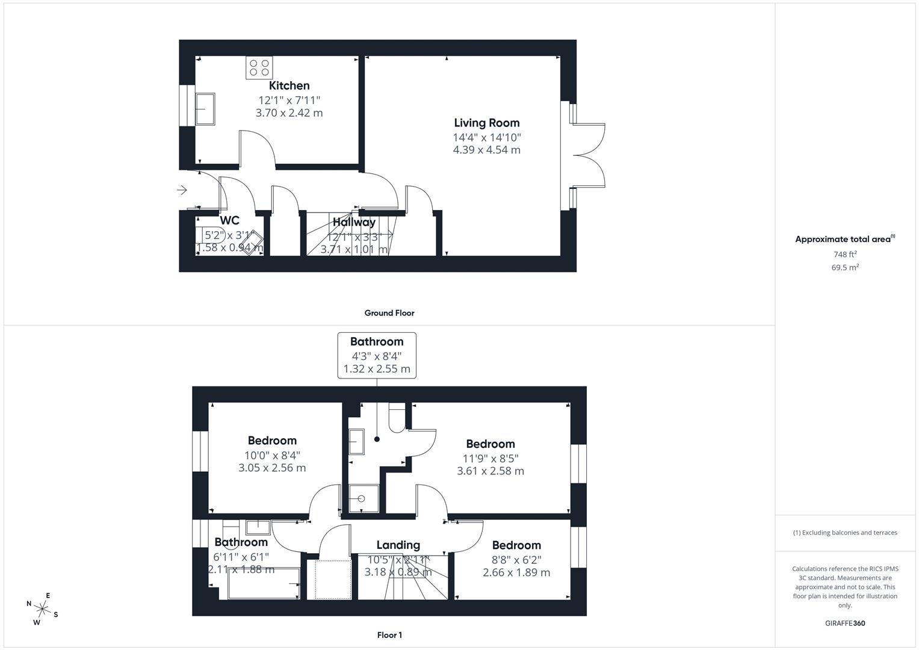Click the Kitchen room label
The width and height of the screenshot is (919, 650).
289,85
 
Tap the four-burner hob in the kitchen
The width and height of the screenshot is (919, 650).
259,67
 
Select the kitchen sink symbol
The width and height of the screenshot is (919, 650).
205,109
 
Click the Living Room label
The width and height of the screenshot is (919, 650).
486,123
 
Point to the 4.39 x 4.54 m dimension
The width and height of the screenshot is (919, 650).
486,150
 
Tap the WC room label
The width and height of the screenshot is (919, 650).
229,220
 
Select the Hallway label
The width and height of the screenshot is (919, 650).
354,222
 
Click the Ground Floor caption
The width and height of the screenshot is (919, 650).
389,313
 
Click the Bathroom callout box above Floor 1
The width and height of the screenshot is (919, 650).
377,355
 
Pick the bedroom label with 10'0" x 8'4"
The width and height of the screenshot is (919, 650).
272,441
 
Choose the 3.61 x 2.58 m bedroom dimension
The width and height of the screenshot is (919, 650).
490,471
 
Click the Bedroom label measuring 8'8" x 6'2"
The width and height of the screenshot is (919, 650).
516,545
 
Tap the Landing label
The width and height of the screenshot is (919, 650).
398,545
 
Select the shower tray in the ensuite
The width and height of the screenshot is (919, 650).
364,498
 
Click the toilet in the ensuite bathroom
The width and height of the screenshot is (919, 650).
397,418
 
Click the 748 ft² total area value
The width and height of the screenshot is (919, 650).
845,255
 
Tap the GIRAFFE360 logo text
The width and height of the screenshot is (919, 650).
845,623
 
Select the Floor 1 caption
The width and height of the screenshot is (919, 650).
389,635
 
